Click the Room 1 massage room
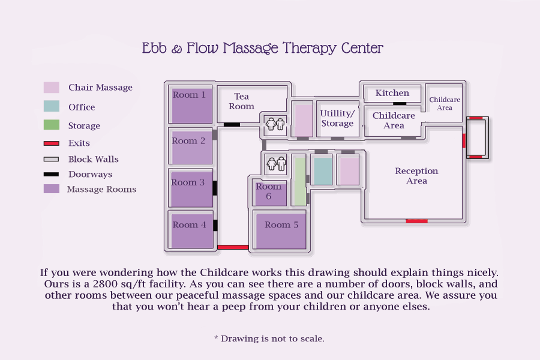pos(192,106)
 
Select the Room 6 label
pos(268,191)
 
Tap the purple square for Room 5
pos(281,231)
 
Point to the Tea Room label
pos(241,101)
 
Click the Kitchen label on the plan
pos(392,93)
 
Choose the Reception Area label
pos(416,176)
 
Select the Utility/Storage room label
pos(337,118)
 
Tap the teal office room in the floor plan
pos(323,171)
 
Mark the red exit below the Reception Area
pos(416,221)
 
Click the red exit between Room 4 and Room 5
pos(233,247)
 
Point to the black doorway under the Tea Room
pos(232,125)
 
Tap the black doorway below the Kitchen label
pos(400,103)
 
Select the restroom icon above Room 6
pos(275,164)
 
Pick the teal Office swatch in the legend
pos(52,107)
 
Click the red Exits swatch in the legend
pos(52,143)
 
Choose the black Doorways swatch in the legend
pos(52,175)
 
